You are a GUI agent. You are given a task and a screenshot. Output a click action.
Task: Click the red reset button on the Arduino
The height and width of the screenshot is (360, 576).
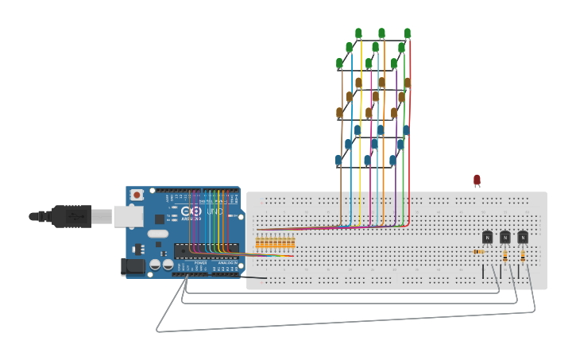click(x=137, y=195)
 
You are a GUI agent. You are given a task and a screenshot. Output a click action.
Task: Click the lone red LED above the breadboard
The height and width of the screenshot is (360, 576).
click(x=477, y=180)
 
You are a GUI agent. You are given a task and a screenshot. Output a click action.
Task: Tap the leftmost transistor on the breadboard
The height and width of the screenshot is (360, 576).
click(x=487, y=237)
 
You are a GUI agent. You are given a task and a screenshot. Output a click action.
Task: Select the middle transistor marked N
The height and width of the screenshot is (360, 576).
click(x=504, y=237)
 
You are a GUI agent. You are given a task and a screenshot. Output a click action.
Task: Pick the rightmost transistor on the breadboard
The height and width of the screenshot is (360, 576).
click(x=523, y=237)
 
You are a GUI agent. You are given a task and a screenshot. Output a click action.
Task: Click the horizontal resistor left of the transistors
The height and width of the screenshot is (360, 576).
click(x=480, y=252)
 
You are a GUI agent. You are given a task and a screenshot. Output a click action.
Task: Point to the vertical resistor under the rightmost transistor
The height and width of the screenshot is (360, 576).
click(x=523, y=256)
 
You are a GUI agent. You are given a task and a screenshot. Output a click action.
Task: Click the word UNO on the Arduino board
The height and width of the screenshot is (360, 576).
click(x=215, y=212)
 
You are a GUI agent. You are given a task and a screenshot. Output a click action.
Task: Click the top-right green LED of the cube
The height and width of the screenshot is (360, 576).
click(x=408, y=33)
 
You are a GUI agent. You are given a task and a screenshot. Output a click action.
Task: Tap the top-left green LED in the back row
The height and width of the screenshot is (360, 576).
click(x=358, y=33)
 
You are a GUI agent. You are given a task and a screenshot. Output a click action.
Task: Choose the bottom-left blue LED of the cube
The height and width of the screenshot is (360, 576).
click(x=338, y=161)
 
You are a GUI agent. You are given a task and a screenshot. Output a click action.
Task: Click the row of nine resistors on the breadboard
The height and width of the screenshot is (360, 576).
click(x=275, y=242)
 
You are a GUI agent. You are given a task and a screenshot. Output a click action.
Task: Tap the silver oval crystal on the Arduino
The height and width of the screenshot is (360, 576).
click(x=158, y=234)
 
